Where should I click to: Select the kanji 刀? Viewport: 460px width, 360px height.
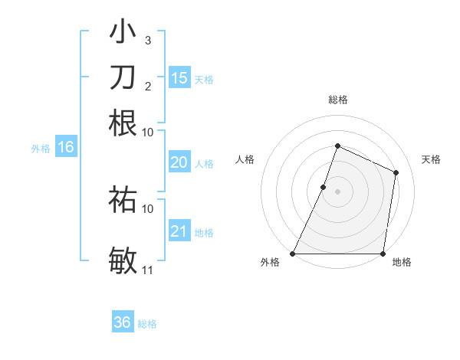[123, 77]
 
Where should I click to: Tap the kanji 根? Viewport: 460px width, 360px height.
[123, 123]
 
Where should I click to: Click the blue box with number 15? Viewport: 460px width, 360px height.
[179, 78]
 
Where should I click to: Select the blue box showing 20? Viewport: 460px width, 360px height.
[179, 162]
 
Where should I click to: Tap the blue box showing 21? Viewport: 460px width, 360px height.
[179, 231]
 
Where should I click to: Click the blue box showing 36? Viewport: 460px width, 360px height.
[123, 322]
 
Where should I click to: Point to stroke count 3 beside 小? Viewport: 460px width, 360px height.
[147, 40]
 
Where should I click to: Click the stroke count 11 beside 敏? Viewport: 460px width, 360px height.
[148, 270]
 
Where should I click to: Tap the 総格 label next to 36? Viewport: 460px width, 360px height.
[147, 324]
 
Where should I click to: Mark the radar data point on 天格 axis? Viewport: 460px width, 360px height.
[396, 172]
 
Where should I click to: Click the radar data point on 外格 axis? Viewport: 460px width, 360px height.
[293, 254]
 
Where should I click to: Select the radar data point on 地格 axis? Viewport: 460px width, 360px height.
[383, 254]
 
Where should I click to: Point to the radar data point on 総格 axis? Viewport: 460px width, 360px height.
[337, 146]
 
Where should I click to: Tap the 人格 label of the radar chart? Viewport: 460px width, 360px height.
[245, 159]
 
